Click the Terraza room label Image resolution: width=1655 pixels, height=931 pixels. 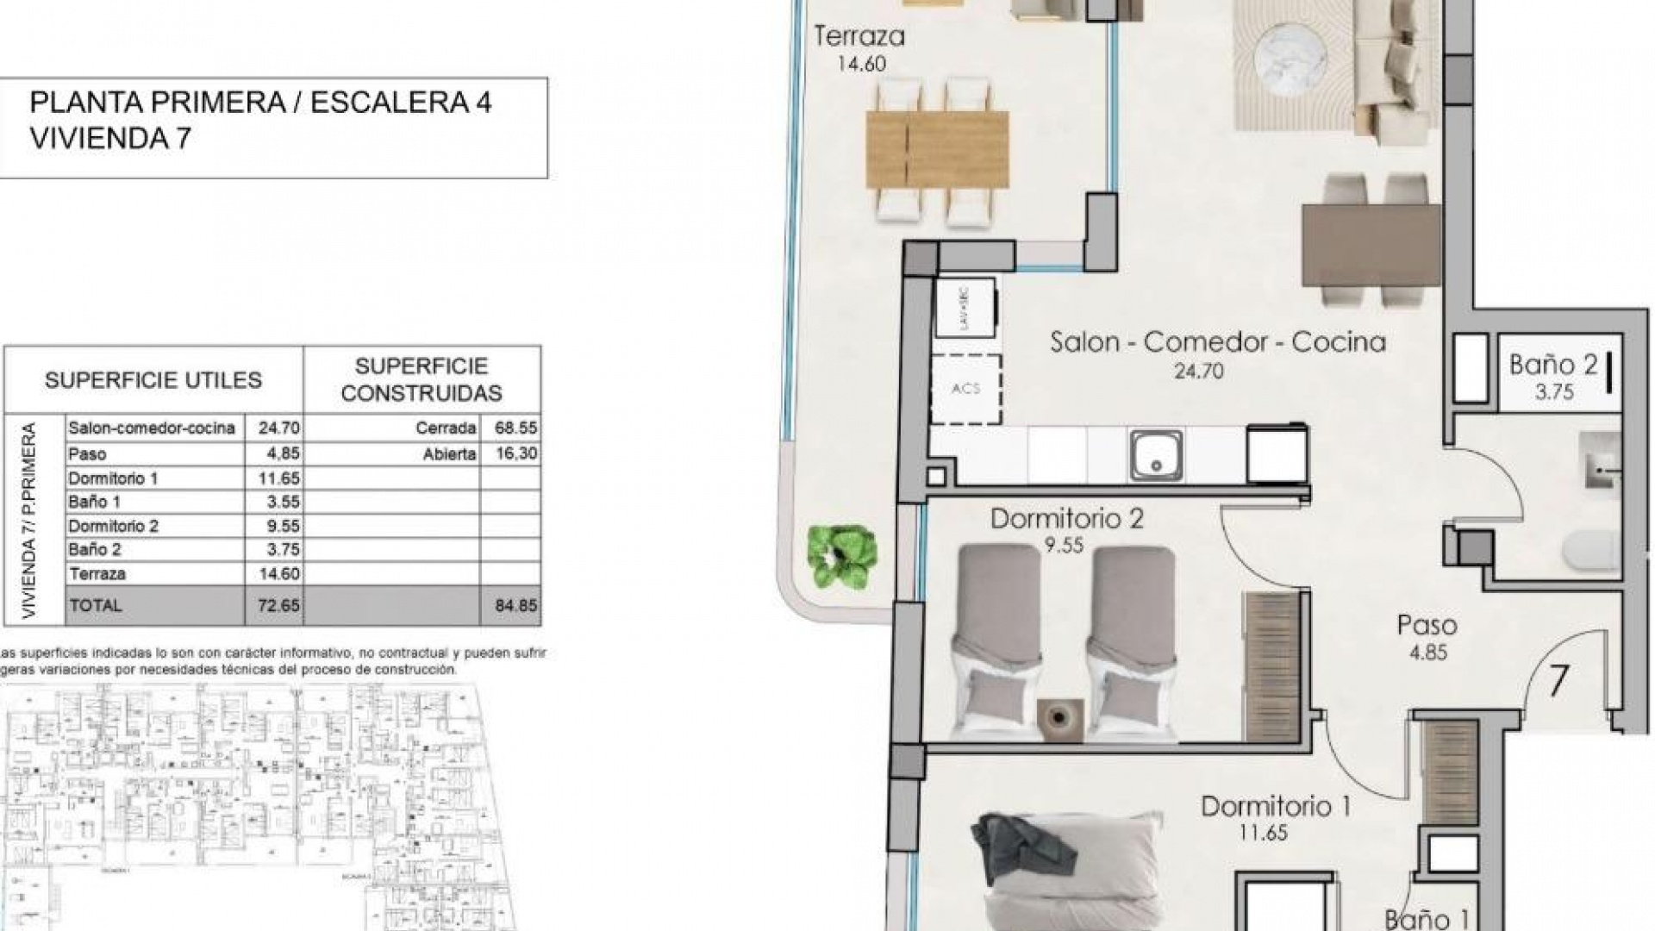click(859, 37)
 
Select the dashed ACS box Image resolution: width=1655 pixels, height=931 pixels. click(966, 389)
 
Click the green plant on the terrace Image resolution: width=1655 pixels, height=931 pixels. click(841, 556)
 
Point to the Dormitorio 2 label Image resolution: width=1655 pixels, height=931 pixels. click(1066, 519)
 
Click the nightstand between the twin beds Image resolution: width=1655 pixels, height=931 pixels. click(1059, 717)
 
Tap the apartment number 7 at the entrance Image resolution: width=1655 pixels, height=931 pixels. click(1558, 681)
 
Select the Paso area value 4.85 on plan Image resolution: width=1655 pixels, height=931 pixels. click(1427, 653)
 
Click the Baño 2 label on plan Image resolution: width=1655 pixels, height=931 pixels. click(1552, 365)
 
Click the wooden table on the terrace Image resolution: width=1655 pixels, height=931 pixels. click(937, 149)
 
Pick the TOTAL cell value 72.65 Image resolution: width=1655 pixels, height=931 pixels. click(278, 606)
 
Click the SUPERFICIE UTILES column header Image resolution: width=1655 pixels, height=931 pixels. click(153, 380)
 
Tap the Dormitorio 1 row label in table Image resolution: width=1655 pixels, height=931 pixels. click(113, 478)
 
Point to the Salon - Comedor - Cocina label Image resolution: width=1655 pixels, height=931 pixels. click(1217, 343)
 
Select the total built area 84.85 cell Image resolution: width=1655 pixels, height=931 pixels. click(515, 606)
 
